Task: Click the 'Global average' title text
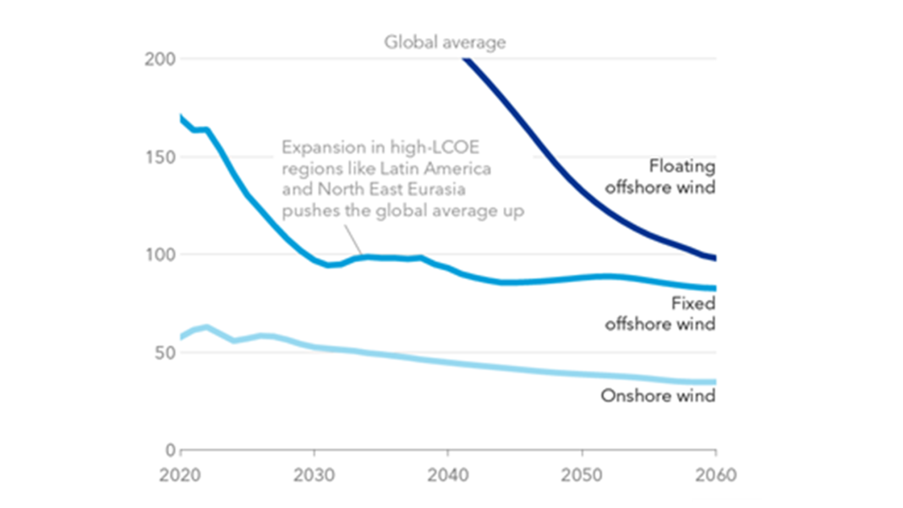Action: pyautogui.click(x=445, y=41)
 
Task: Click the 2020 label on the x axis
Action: pyautogui.click(x=181, y=474)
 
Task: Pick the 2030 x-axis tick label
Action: pyautogui.click(x=315, y=474)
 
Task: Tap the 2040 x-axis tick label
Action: pyautogui.click(x=448, y=474)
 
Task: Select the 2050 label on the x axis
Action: pyautogui.click(x=582, y=474)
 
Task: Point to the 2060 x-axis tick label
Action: pyautogui.click(x=715, y=474)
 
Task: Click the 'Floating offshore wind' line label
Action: pyautogui.click(x=660, y=176)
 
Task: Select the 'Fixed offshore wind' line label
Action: pyautogui.click(x=660, y=314)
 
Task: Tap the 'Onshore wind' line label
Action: pyautogui.click(x=658, y=396)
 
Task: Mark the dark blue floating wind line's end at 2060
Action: pyautogui.click(x=715, y=258)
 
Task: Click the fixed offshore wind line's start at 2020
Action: pyautogui.click(x=182, y=117)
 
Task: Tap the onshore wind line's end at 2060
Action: pyautogui.click(x=715, y=382)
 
